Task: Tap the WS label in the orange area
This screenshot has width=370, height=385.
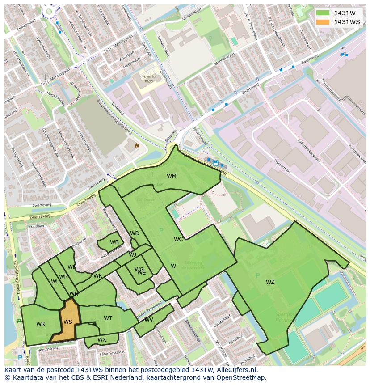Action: pyautogui.click(x=68, y=322)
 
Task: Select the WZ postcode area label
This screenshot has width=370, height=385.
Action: pyautogui.click(x=270, y=282)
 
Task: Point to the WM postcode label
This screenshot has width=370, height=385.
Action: pyautogui.click(x=172, y=176)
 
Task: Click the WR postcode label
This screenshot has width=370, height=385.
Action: pyautogui.click(x=41, y=324)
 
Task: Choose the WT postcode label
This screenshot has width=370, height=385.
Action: pyautogui.click(x=108, y=318)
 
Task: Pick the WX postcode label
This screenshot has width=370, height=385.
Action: pyautogui.click(x=102, y=340)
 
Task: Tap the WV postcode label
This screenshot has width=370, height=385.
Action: pyautogui.click(x=149, y=320)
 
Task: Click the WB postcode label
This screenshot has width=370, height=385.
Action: pyautogui.click(x=114, y=242)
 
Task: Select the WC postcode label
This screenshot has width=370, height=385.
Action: pyautogui.click(x=178, y=239)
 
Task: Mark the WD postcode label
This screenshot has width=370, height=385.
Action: pyautogui.click(x=135, y=233)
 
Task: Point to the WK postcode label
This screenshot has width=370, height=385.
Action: pyautogui.click(x=98, y=276)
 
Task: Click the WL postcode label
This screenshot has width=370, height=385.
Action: pyautogui.click(x=55, y=282)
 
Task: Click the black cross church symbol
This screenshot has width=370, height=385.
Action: pyautogui.click(x=46, y=77)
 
